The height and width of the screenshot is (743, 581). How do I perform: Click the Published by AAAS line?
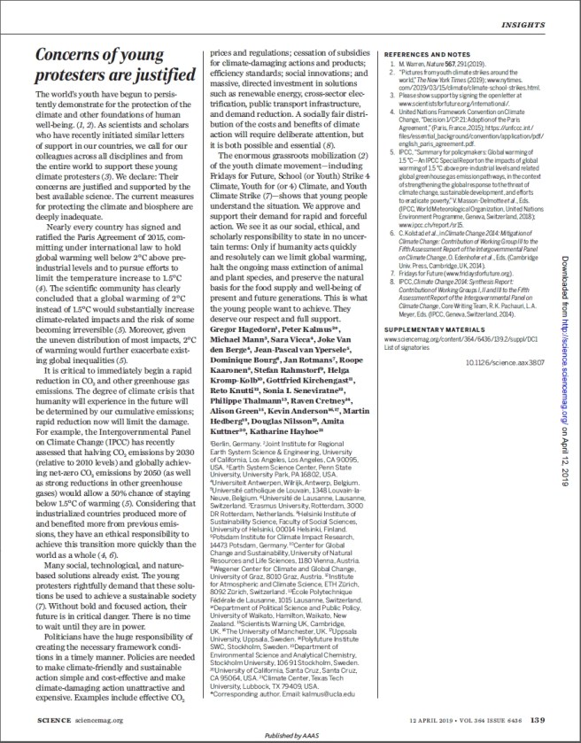click(x=290, y=735)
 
